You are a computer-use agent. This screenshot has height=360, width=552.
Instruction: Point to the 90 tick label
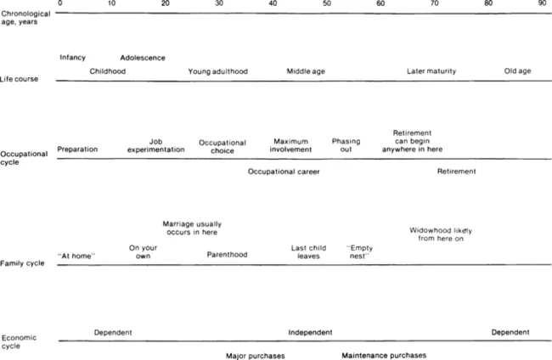click(542, 4)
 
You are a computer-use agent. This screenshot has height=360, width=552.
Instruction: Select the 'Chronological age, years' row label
click(25, 19)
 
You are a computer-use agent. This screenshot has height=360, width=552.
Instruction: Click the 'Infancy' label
click(72, 58)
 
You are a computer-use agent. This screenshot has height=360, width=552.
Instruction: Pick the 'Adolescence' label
click(143, 58)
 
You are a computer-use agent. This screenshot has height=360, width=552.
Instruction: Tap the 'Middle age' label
click(306, 71)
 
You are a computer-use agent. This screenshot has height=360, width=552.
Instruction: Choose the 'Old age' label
click(517, 71)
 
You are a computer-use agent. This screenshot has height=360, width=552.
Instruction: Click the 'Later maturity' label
click(431, 71)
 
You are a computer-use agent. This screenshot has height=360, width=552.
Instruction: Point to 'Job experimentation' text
click(155, 145)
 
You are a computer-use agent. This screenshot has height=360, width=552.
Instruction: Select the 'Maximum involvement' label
click(290, 145)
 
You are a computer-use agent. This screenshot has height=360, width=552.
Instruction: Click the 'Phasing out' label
click(346, 145)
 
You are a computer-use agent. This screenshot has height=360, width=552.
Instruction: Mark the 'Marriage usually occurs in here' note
click(192, 228)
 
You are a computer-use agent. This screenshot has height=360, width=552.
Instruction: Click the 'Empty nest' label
click(359, 251)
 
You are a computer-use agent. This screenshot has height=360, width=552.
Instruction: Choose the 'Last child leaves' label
click(308, 251)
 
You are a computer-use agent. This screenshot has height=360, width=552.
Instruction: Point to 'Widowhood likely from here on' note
click(441, 234)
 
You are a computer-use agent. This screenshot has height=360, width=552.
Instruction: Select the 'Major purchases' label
click(256, 355)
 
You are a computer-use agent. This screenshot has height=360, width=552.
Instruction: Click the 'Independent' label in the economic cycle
click(310, 332)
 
